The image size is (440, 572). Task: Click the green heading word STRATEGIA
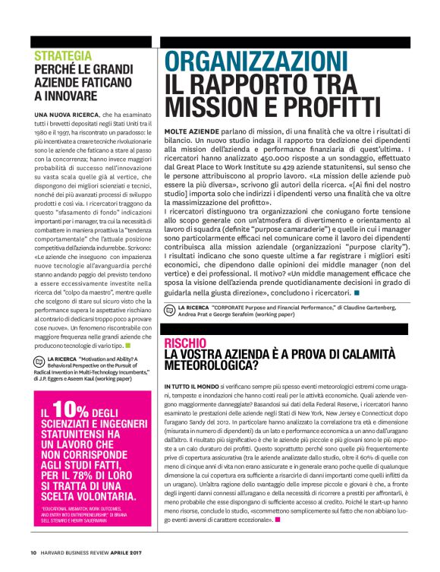[64, 55]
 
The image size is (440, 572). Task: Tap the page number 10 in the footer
[33, 552]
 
